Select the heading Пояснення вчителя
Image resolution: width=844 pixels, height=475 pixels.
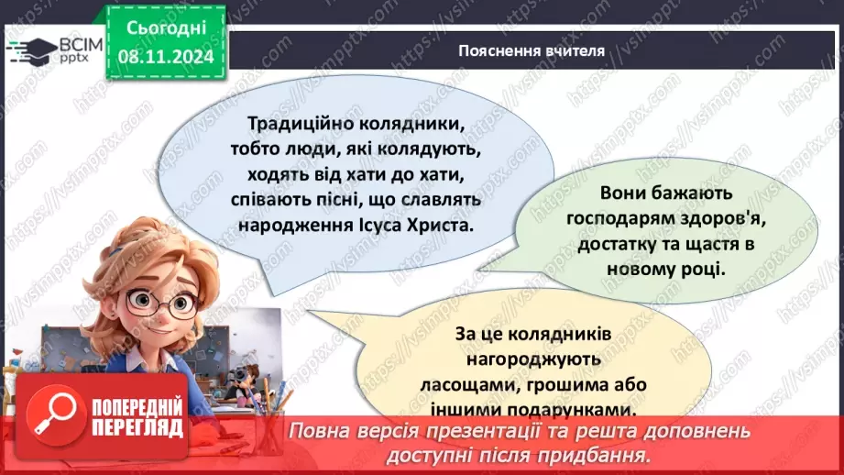coord(532,50)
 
